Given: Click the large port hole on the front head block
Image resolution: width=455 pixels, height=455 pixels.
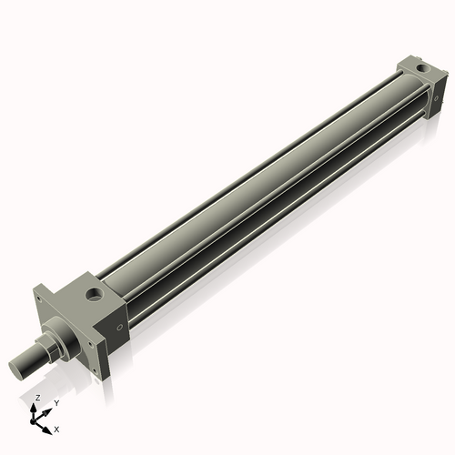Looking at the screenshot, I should (95, 294).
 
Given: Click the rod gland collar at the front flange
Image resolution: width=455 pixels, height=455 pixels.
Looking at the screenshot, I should (60, 337).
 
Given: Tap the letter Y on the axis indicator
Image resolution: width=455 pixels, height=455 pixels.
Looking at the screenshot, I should (56, 402).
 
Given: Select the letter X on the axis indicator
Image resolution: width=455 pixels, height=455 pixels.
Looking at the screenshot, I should (57, 428).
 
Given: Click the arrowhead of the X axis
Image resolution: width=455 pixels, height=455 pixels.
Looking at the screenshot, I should (48, 426).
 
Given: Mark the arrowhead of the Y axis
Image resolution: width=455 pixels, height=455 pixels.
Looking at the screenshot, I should (48, 409).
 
